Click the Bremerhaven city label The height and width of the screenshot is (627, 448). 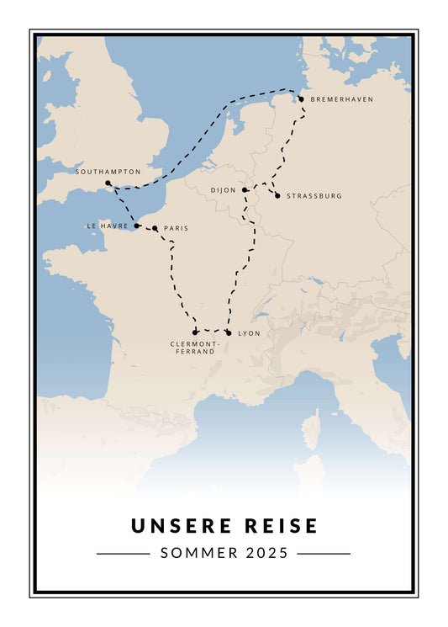click(x=341, y=99)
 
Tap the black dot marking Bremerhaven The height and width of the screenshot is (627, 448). click(x=302, y=99)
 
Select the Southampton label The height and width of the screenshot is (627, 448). click(x=108, y=172)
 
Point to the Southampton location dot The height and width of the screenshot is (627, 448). click(x=108, y=183)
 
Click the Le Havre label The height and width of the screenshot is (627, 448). click(x=107, y=226)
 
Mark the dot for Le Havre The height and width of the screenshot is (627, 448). click(x=137, y=226)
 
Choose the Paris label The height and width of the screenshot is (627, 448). click(x=176, y=228)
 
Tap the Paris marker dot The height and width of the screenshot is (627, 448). click(x=155, y=228)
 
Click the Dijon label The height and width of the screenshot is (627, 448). click(x=224, y=190)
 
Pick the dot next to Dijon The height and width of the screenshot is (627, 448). click(x=245, y=190)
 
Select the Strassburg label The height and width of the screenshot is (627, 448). click(x=314, y=196)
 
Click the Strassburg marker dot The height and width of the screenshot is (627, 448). click(x=277, y=195)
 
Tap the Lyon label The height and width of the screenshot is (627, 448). click(x=250, y=333)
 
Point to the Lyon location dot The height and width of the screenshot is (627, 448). click(x=229, y=332)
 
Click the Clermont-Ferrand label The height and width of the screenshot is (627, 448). click(x=194, y=348)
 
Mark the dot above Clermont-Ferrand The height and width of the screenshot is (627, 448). click(x=195, y=332)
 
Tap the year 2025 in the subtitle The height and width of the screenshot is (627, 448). click(x=267, y=554)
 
